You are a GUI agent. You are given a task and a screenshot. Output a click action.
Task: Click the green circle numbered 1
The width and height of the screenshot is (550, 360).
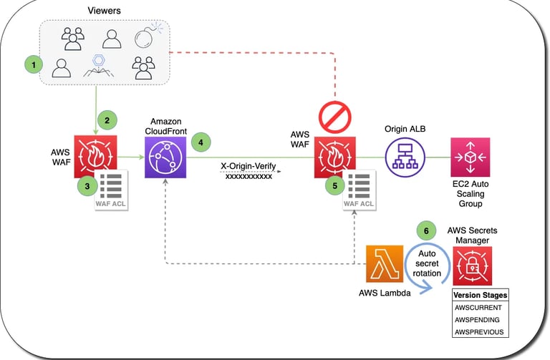(32, 65)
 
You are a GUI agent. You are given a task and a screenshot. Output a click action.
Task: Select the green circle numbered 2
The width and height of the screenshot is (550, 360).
(107, 121)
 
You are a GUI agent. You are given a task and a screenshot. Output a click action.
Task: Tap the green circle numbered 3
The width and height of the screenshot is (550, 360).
(86, 185)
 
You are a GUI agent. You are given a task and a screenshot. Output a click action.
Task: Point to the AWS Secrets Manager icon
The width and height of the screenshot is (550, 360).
(473, 266)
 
